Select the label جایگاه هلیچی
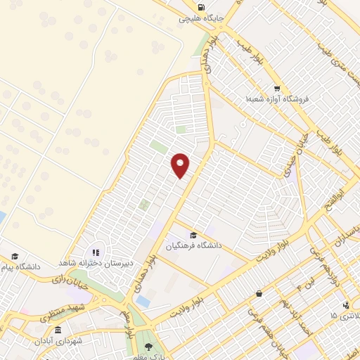[201, 18]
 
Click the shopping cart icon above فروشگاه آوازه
[277, 89]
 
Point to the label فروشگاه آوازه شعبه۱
[277, 101]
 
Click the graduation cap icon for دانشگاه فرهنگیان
[193, 235]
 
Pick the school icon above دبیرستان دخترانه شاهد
[96, 252]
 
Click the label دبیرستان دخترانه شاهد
[96, 263]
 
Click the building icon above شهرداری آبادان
[57, 330]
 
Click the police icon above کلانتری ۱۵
[345, 304]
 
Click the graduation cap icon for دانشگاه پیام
[14, 257]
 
